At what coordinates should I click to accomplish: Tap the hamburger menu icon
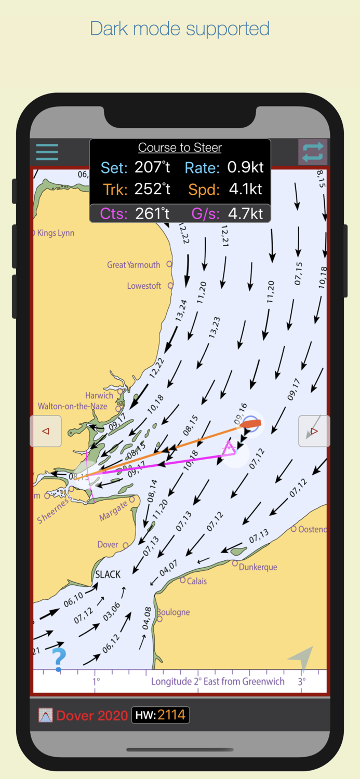47,152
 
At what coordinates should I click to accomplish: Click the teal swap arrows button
313,152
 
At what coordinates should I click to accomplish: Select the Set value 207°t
152,167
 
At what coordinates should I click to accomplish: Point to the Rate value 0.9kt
245,167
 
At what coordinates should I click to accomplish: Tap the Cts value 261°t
152,213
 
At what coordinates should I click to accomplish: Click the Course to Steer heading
180,148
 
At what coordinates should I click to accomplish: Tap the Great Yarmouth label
134,265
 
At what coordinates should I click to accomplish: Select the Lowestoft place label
144,286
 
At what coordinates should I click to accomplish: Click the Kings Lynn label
56,233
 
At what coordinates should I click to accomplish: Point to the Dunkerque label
258,567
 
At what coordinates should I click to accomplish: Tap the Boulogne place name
174,612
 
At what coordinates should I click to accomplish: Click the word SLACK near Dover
108,574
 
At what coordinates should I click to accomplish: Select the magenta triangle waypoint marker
228,448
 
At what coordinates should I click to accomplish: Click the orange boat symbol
250,424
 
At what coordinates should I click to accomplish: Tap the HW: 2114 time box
160,715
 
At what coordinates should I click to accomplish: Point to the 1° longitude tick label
96,681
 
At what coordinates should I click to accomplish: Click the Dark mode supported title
180,29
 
